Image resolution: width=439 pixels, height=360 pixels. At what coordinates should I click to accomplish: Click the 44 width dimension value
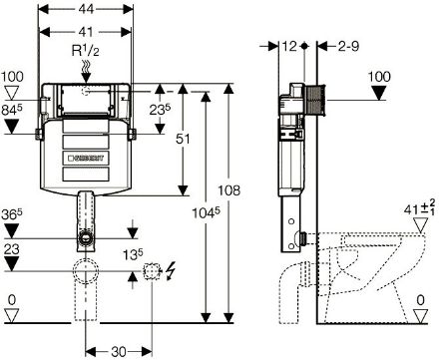point(86,9)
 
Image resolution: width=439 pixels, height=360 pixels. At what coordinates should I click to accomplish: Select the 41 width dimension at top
point(86,32)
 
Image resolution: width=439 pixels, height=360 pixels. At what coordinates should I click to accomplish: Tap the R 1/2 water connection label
point(86,51)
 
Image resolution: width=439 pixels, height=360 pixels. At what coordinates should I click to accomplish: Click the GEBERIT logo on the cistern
point(86,158)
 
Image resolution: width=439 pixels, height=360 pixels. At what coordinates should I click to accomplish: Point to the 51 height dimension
point(183,139)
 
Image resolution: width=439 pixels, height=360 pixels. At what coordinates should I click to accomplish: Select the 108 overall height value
point(228,190)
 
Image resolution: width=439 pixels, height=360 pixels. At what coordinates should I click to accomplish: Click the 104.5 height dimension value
point(207,212)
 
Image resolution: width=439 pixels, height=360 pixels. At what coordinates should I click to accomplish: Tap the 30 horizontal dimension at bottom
point(119,352)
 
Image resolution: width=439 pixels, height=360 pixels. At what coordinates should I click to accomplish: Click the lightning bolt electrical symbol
point(171,271)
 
